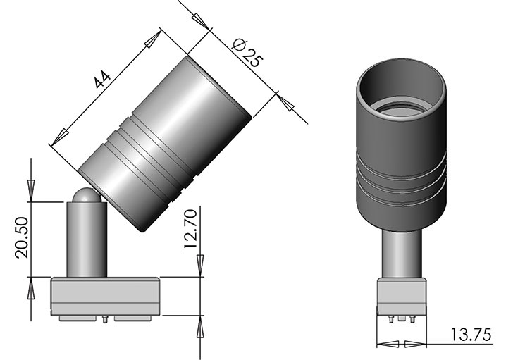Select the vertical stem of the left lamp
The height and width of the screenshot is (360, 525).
[86, 240]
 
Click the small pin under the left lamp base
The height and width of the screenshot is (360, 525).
[105, 319]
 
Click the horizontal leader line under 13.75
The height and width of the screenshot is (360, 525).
[451, 345]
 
